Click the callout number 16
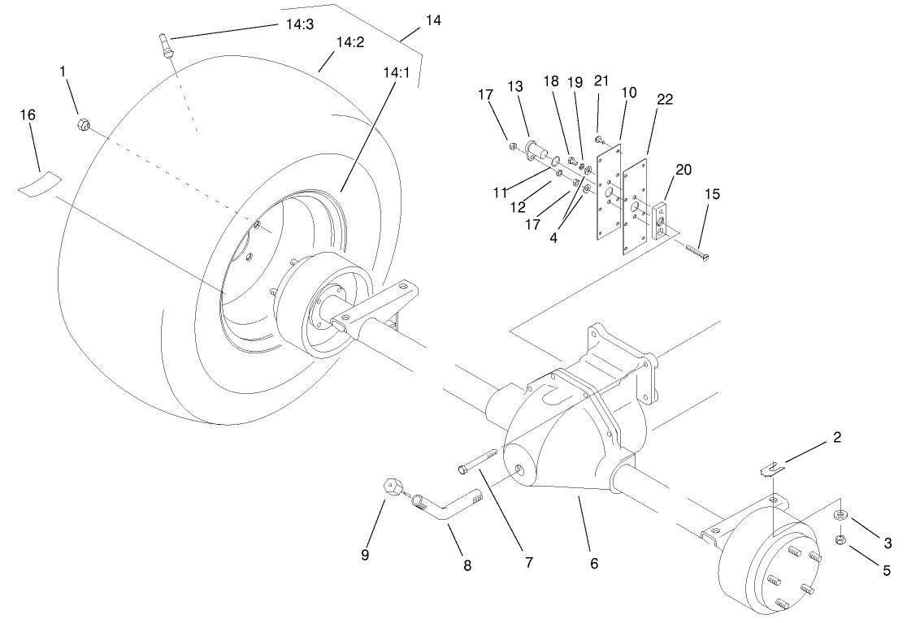click(x=28, y=115)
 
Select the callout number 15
click(x=712, y=195)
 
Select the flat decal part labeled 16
click(x=41, y=181)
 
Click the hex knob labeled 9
click(x=393, y=487)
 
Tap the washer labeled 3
click(x=840, y=515)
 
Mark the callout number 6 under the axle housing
click(x=593, y=563)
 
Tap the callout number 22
click(x=665, y=99)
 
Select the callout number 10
click(x=628, y=93)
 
